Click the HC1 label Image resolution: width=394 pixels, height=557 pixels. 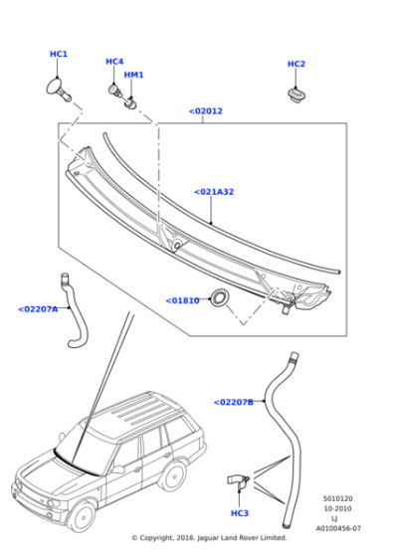[59, 55]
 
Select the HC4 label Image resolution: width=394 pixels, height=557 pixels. [114, 62]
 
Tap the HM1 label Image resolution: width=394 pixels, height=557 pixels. [133, 75]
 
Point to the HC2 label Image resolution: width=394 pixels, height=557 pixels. [296, 65]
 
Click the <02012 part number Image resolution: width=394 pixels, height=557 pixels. [206, 111]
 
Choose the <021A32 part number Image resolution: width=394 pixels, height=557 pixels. [214, 192]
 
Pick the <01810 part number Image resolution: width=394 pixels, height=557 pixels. [183, 299]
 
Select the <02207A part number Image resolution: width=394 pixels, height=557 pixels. [38, 309]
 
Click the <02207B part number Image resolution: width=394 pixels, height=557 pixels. [234, 402]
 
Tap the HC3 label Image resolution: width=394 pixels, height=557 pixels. [240, 513]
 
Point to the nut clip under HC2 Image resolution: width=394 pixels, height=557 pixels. [295, 93]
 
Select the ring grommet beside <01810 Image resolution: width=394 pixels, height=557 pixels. [217, 298]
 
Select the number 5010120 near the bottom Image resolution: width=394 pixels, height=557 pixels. [338, 498]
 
